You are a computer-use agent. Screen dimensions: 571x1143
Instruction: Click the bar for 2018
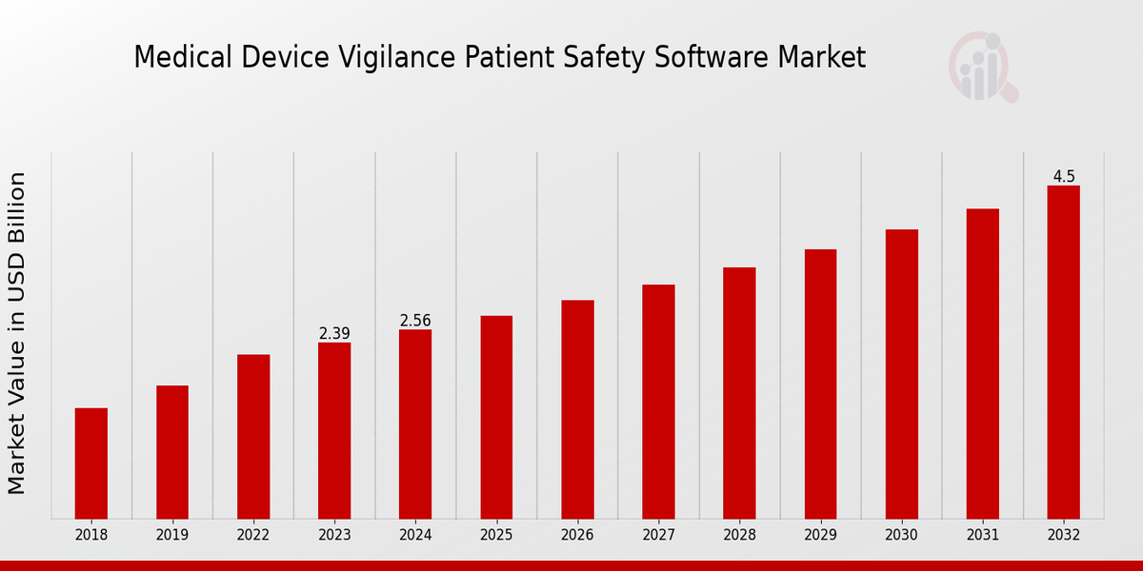coord(91,463)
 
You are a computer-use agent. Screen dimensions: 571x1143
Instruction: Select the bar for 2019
coord(172,452)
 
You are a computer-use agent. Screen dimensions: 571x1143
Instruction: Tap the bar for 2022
coord(253,437)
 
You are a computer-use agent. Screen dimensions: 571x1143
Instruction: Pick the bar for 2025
coord(496,417)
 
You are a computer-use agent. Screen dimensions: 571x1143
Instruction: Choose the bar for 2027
coord(658,402)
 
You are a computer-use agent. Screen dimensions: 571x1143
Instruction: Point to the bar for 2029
coord(820,384)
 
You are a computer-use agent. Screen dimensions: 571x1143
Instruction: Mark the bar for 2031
coord(982,364)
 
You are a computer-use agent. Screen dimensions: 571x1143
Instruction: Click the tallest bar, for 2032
coord(1063,352)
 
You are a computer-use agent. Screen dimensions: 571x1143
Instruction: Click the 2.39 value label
coord(334,333)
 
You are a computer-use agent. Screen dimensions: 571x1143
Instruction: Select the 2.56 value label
coord(415,321)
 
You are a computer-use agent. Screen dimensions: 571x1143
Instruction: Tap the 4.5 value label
coord(1064,176)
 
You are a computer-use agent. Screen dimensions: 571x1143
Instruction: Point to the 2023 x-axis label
coord(334,535)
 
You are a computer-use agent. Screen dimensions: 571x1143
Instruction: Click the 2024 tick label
coord(415,535)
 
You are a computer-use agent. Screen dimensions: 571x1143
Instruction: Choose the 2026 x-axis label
coord(577,535)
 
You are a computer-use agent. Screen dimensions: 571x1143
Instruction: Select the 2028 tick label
coord(739,535)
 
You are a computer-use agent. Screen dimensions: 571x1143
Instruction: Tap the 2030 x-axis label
coord(901,535)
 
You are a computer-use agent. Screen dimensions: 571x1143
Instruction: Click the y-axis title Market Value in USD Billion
coord(17,333)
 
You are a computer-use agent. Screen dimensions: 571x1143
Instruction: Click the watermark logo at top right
coord(982,67)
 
